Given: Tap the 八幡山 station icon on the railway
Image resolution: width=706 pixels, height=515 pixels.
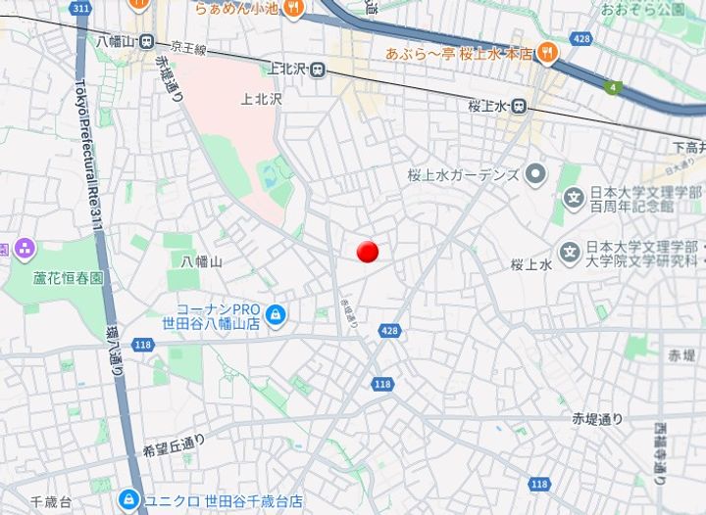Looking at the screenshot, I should pos(146,41).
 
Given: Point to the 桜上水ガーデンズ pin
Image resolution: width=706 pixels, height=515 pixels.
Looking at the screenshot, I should pos(535,175).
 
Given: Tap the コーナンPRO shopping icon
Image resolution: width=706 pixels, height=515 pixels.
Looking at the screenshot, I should pos(277,315).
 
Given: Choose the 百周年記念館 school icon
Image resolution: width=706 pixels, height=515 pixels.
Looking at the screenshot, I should pos(573,199).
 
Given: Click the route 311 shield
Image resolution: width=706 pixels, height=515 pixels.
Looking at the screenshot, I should pos(80,8).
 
